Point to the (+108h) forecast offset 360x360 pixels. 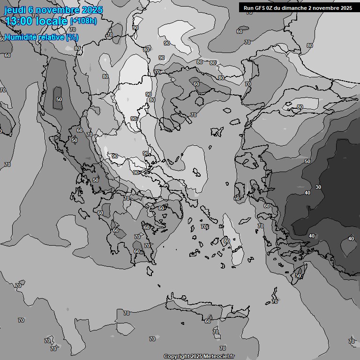83,21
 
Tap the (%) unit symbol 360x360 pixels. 72,37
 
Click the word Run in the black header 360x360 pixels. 248,7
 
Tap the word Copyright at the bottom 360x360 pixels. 176,357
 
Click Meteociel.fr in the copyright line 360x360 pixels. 218,357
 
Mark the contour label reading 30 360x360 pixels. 318,187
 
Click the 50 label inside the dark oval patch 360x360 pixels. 59,99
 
